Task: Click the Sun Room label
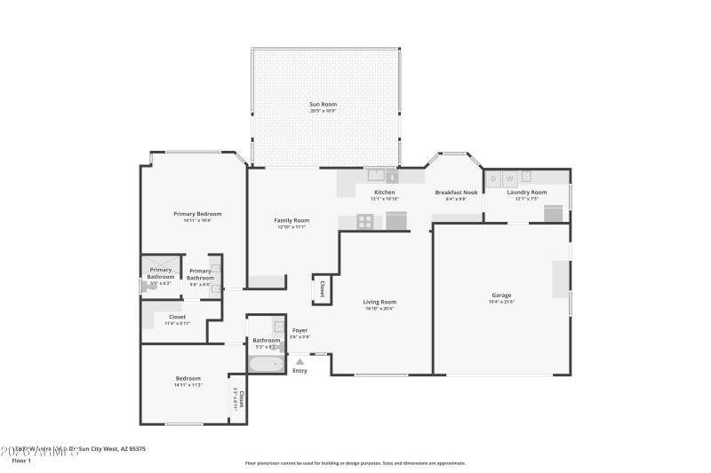[324, 104]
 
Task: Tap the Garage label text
[501, 296]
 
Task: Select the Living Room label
[379, 302]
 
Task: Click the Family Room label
[292, 220]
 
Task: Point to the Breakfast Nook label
[456, 193]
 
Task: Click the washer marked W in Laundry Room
[509, 178]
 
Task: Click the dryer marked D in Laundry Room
[493, 178]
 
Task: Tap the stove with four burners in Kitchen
[364, 222]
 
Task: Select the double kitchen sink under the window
[376, 176]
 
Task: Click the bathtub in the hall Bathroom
[266, 363]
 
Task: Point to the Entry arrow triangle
[300, 361]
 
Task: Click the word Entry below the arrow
[300, 370]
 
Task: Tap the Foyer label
[300, 330]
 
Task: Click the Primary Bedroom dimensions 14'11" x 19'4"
[197, 220]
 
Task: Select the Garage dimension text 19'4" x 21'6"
[501, 302]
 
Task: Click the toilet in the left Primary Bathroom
[144, 288]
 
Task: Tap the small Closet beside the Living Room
[322, 288]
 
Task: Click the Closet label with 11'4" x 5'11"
[178, 323]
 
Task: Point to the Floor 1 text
[21, 461]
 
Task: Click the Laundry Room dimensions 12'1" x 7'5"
[526, 199]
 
